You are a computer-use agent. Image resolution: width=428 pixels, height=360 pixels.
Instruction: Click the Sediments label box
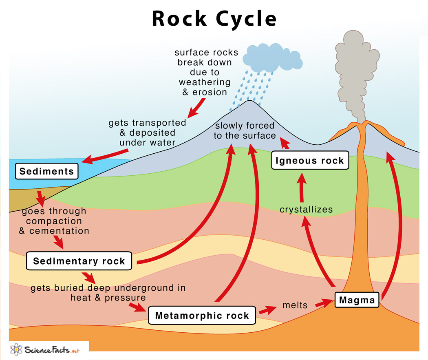(x=46, y=171)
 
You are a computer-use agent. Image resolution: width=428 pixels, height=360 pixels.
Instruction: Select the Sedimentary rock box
(x=79, y=261)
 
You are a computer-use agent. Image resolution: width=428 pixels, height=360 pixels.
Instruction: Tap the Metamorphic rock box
(x=202, y=315)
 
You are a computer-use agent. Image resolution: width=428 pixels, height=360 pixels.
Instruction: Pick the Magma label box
(x=357, y=300)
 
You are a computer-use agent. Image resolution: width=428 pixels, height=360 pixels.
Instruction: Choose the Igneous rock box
(x=310, y=160)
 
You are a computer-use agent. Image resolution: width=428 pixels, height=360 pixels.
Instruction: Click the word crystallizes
(x=306, y=210)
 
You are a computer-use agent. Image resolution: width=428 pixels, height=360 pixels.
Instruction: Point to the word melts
(x=295, y=305)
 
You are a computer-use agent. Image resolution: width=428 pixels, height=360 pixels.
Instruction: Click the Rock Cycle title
(x=214, y=19)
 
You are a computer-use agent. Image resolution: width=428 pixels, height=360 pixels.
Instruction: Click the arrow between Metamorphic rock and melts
(x=267, y=310)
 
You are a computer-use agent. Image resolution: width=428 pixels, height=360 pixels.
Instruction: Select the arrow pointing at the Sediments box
(x=106, y=156)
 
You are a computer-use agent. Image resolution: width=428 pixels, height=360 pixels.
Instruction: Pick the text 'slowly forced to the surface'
(x=245, y=130)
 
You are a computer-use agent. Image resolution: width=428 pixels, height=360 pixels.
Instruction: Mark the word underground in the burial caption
(x=144, y=288)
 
